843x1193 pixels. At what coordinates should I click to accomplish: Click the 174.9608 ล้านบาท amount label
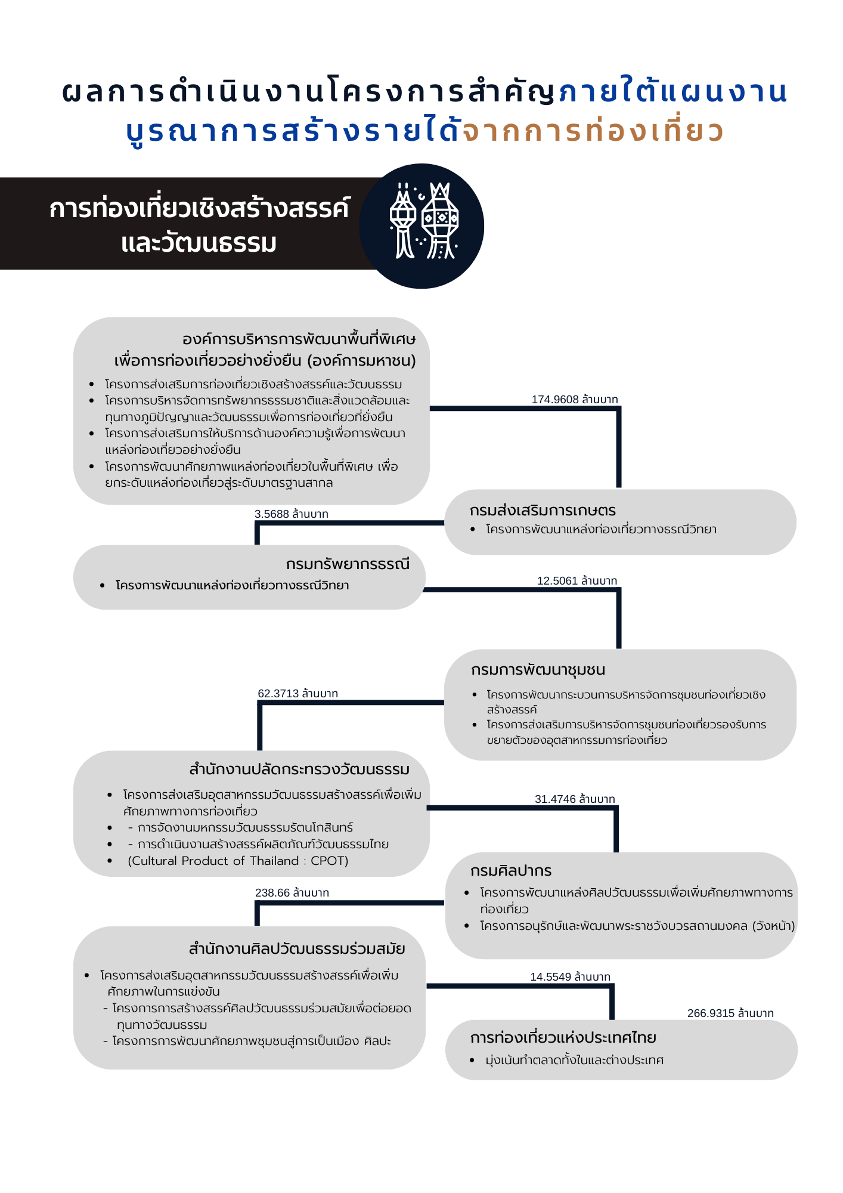[x=575, y=400]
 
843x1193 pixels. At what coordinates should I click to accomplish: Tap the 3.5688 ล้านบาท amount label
[x=291, y=514]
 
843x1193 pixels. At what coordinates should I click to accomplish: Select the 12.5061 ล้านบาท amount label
[x=577, y=581]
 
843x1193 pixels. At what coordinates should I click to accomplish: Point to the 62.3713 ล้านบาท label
[x=297, y=694]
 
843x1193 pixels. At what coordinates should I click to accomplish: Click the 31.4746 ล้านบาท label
[x=575, y=799]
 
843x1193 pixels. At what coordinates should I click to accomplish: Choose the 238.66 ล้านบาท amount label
[x=292, y=893]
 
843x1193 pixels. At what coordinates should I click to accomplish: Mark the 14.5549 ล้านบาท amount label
[x=571, y=977]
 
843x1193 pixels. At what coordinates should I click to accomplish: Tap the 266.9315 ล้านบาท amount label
[x=730, y=1013]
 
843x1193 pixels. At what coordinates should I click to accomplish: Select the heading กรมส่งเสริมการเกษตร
[x=543, y=511]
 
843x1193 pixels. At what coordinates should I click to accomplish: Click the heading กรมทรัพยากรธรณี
[x=348, y=564]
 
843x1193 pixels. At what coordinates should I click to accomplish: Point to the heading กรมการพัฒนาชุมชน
[x=538, y=670]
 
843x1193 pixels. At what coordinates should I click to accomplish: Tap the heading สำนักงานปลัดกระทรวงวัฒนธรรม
[x=299, y=769]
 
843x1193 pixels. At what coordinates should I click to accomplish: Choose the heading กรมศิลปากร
[x=511, y=871]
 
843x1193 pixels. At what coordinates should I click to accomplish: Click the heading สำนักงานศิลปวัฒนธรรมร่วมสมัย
[x=296, y=949]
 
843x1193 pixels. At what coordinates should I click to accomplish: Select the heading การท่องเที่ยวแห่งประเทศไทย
[x=563, y=1038]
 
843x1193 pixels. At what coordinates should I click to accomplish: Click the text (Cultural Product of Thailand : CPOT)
[x=238, y=861]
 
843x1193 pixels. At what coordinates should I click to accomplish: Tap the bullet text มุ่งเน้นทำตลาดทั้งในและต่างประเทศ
[x=574, y=1061]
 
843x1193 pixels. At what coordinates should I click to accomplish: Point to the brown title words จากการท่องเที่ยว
[x=593, y=131]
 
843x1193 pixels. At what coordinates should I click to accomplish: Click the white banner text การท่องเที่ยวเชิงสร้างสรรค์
[x=199, y=209]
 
